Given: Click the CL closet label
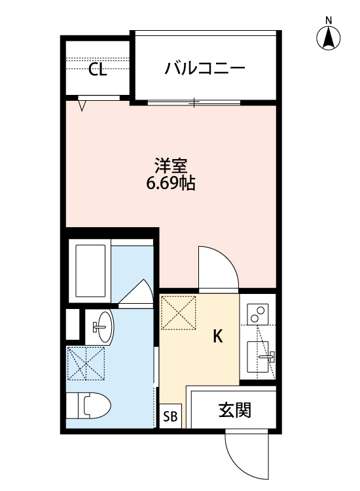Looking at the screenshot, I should (x=98, y=69).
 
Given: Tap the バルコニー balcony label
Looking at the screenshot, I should (x=204, y=68).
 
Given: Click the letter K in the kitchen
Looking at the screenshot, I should (x=218, y=337).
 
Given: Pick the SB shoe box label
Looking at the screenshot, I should (x=170, y=416).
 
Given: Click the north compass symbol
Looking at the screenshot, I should (x=329, y=37).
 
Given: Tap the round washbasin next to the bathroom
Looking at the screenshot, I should (x=101, y=325).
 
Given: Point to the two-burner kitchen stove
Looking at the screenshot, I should (x=259, y=315).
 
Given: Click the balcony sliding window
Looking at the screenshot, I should (x=194, y=102).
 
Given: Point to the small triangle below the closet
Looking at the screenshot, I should (x=82, y=105).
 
